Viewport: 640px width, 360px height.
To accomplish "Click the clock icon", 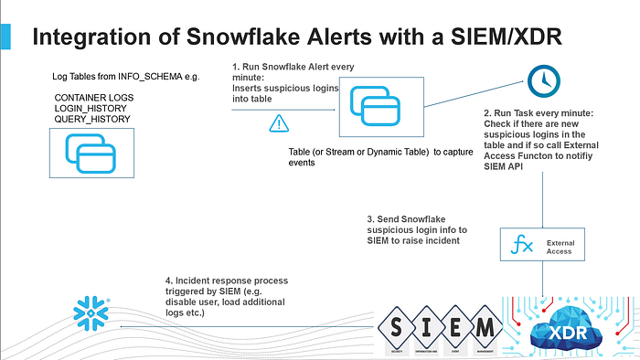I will (543, 81).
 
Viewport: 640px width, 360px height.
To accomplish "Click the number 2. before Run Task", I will (487, 112).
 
